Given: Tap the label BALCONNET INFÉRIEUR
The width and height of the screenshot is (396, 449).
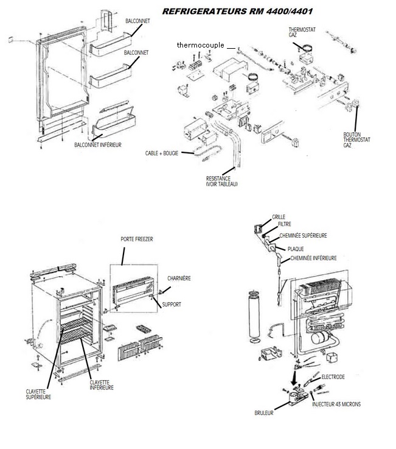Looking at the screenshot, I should [x=98, y=144].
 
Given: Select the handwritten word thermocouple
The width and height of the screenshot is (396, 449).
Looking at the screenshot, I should [x=201, y=45].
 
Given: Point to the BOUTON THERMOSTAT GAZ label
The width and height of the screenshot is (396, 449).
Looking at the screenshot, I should [x=356, y=140].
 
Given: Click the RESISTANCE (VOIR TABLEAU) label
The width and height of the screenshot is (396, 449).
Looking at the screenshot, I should [x=221, y=180].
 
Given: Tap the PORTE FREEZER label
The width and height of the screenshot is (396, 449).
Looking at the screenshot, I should [x=136, y=240].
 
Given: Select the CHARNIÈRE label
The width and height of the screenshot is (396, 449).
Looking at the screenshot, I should [x=179, y=278].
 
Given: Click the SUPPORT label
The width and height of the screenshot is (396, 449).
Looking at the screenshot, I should [x=172, y=303].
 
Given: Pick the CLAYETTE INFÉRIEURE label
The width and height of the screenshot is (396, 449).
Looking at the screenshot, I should [x=102, y=385].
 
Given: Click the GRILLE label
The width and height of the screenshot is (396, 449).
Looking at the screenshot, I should [x=278, y=216].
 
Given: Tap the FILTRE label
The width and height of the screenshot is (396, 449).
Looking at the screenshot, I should [x=284, y=224].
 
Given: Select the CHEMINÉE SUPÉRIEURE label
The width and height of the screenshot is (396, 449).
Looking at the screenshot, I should [x=303, y=235].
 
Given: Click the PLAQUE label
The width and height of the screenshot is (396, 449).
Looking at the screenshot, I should [x=296, y=249].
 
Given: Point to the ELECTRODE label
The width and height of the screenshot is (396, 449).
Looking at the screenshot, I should [x=333, y=377].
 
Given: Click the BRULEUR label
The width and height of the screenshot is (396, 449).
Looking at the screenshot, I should [x=265, y=412].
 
